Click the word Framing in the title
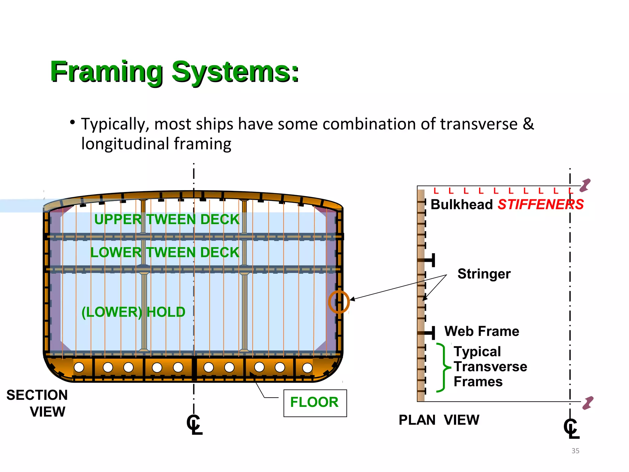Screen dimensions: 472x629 coord(106,72)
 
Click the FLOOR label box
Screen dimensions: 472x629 coord(315,403)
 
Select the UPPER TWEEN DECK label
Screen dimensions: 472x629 coord(166,219)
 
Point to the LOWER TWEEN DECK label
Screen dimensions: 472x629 coord(165,252)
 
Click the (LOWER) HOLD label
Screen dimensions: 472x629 coord(133,312)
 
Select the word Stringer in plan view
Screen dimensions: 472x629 coord(484,273)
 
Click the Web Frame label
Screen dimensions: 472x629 coord(482,331)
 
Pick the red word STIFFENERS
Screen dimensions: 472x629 coord(541,204)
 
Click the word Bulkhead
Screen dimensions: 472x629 coord(462,204)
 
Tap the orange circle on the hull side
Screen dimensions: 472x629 coord(339,302)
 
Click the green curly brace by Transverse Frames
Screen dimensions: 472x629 coord(443,368)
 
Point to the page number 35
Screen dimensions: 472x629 coord(575,451)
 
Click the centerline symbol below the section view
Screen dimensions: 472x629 coord(194,425)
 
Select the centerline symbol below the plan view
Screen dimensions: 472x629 coord(571,428)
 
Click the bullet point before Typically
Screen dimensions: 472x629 coord(72,123)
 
